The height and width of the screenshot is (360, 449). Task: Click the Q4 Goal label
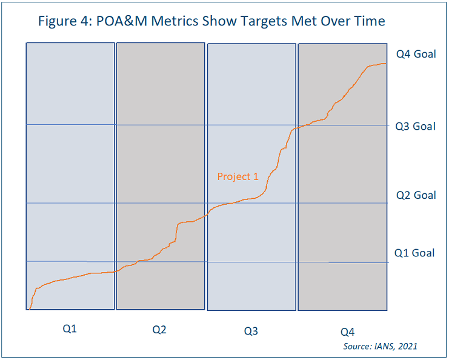tap(416, 54)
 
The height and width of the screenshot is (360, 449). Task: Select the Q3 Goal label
tap(415, 127)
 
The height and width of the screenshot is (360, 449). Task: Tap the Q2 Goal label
tap(416, 195)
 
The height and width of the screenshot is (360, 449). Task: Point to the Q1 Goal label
tap(414, 253)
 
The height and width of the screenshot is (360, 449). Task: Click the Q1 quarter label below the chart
tap(70, 330)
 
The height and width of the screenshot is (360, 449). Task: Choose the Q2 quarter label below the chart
tap(159, 330)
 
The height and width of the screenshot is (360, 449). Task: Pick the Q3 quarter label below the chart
tap(251, 332)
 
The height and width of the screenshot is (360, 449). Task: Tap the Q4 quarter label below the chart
tap(347, 332)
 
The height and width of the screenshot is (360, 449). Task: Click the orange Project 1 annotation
tap(238, 177)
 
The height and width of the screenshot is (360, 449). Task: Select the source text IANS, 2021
tap(380, 346)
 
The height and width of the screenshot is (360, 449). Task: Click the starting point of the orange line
tap(29, 308)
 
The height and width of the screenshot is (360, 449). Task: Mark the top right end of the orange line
tap(385, 64)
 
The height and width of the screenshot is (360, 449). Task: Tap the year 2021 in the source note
tap(407, 346)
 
